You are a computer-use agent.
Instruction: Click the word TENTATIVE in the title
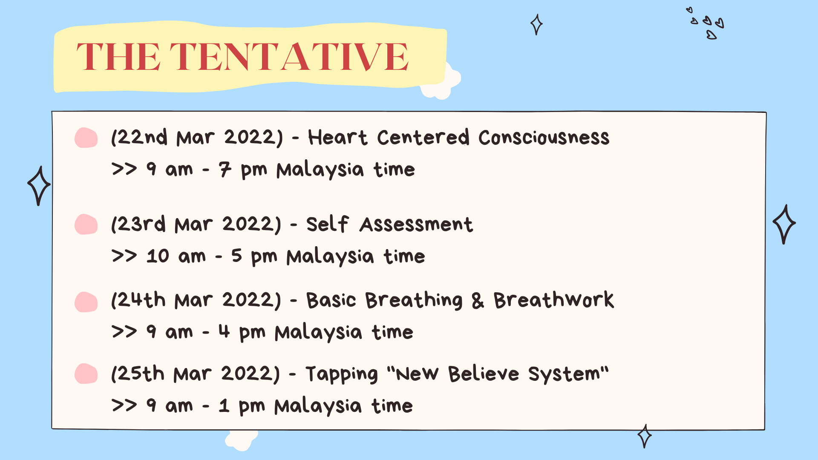[x=289, y=57]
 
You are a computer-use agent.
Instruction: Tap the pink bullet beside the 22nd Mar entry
[x=86, y=138]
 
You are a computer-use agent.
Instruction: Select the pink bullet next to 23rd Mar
[x=86, y=224]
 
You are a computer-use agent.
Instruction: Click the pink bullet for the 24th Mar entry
[x=86, y=302]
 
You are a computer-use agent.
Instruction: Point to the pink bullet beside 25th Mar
[x=86, y=374]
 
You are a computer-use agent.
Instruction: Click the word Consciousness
[x=544, y=138]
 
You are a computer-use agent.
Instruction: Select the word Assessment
[x=416, y=224]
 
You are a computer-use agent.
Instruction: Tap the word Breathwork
[x=554, y=300]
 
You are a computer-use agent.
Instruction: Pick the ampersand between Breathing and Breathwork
[x=478, y=301]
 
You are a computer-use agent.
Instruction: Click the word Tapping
[x=342, y=374]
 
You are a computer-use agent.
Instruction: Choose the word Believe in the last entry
[x=484, y=374]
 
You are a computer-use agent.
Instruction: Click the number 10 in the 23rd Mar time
[x=158, y=256]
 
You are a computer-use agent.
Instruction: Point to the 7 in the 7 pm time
[x=225, y=170]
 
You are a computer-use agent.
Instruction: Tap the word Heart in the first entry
[x=337, y=138]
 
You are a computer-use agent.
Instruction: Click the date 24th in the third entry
[x=141, y=300]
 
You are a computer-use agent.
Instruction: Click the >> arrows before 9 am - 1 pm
[x=124, y=405]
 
